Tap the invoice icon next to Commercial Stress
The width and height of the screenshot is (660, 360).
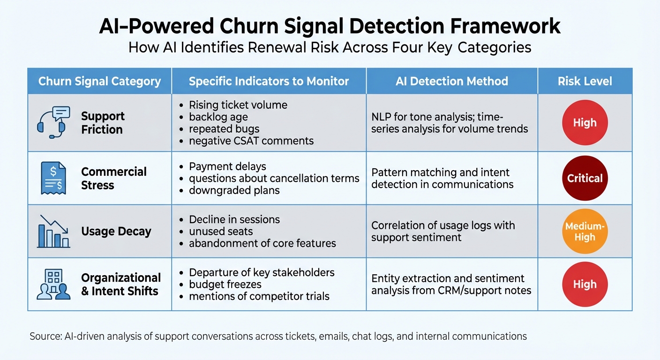[53, 178]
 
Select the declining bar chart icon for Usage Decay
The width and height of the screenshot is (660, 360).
[53, 232]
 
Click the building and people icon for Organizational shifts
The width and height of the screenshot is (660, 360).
[53, 284]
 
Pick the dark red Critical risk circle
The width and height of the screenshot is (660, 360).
[585, 178]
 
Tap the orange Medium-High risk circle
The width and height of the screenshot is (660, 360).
[585, 232]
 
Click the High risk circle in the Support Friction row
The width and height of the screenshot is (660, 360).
[585, 123]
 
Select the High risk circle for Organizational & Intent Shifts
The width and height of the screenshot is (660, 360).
[585, 284]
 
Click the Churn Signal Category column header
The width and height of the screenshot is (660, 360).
[99, 81]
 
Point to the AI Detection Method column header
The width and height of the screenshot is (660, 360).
[451, 81]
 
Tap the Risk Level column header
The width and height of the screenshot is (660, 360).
[585, 81]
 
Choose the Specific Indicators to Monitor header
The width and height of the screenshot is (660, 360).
[269, 81]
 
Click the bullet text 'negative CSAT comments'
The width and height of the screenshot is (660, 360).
[251, 141]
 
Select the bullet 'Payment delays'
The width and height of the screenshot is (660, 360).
[227, 166]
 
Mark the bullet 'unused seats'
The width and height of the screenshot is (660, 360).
[221, 231]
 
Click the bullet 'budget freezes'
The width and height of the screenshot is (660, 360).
[225, 284]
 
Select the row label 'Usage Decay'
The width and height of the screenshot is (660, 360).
[116, 232]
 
